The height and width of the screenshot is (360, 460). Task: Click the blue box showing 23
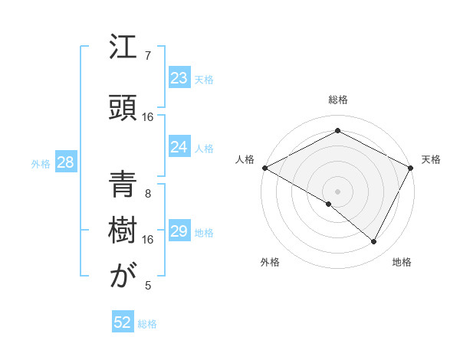(179, 78)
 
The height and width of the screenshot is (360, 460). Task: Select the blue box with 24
(179, 147)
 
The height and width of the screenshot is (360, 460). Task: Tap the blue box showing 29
(179, 231)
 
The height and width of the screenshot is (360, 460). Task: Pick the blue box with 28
(64, 162)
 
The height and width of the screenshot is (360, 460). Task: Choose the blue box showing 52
(123, 322)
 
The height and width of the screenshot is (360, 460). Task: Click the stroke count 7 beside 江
(148, 55)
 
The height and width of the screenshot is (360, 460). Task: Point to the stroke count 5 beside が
(148, 286)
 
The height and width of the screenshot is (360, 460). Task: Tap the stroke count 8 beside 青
(148, 194)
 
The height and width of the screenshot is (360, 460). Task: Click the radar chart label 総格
(337, 100)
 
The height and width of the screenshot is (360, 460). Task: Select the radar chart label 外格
(270, 262)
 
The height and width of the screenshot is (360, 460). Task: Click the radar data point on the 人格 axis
(264, 168)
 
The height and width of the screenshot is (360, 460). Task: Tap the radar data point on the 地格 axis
(374, 241)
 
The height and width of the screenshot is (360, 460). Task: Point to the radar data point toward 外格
(329, 204)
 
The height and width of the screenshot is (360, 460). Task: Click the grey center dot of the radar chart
(337, 191)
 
